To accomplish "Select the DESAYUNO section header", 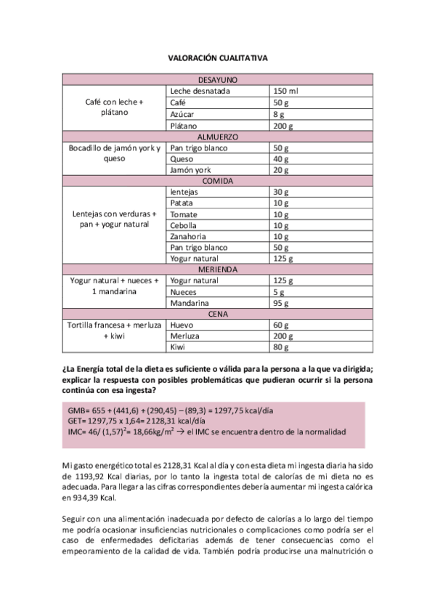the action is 218,80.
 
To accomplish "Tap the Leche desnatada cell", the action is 200,92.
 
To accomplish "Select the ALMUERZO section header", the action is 218,137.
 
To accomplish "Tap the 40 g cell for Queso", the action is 280,159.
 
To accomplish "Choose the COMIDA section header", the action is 218,182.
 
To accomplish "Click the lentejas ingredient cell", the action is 184,192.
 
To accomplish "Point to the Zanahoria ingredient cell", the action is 187,236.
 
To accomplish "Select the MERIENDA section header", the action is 218,269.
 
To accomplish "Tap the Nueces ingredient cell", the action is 184,291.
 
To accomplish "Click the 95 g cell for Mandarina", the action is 280,303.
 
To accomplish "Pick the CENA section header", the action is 218,314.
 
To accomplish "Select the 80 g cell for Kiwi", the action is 280,347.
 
